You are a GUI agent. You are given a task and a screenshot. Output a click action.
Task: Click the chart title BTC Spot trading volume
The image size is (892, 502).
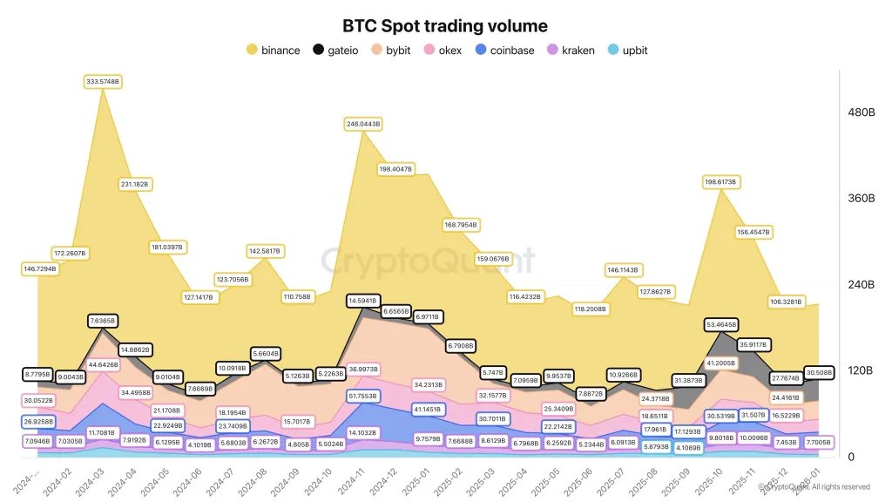[x=445, y=26]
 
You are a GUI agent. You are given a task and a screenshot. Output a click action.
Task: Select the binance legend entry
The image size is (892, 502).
[x=274, y=50]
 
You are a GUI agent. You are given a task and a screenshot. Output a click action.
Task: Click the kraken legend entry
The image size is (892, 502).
[x=571, y=50]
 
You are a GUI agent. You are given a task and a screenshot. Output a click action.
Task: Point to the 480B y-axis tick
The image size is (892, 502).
[x=861, y=112]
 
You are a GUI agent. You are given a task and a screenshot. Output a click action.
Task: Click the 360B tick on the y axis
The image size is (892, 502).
[x=861, y=199]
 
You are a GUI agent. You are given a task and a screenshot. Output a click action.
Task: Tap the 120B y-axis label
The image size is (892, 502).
[x=861, y=370]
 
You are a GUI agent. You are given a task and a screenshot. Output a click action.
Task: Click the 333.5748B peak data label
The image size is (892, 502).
[x=103, y=81]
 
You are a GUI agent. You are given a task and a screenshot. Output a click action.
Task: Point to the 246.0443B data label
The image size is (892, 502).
[x=363, y=125]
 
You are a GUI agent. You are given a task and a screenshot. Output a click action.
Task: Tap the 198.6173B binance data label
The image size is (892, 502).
[x=720, y=182]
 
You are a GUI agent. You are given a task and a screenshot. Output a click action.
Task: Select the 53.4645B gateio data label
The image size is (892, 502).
[x=720, y=324]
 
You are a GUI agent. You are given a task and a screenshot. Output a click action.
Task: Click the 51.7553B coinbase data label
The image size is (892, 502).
[x=363, y=396]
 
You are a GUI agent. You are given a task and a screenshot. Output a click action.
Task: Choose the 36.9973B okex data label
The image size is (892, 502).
[x=363, y=370]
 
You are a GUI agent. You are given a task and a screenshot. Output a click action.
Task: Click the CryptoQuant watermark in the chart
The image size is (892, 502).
[x=426, y=260]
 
